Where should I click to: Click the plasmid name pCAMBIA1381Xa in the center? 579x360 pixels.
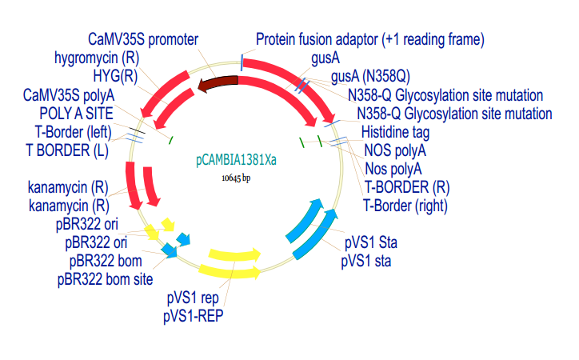point(236,160)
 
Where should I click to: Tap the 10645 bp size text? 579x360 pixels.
point(236,178)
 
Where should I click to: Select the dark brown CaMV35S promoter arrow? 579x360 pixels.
point(218,83)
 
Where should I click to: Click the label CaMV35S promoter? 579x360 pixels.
point(143,39)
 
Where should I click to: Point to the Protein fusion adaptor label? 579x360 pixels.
point(370,39)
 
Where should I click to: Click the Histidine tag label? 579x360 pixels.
point(395,132)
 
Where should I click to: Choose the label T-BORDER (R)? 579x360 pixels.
point(407,187)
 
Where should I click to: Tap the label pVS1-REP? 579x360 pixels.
point(193,316)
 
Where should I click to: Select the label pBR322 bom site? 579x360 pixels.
point(105,279)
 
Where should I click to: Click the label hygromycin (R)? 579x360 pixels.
point(97,58)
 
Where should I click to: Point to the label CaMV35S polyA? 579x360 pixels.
point(69,95)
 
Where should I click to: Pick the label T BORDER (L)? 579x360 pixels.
point(67,150)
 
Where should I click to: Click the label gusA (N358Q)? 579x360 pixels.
point(370,77)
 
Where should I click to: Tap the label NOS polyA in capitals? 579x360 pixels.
point(395,150)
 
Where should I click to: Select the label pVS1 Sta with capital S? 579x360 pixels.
point(371,242)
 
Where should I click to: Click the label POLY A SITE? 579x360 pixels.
point(76,114)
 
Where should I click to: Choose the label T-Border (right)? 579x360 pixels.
point(405,206)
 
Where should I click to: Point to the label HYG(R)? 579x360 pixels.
point(115,77)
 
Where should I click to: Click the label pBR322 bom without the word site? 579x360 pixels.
point(106,261)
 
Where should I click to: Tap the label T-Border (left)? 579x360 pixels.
point(73,132)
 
